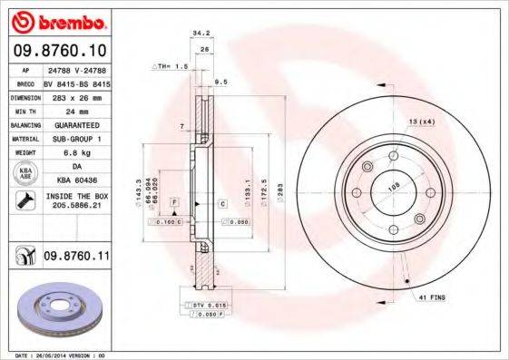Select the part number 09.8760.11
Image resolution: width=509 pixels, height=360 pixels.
tap(77, 258)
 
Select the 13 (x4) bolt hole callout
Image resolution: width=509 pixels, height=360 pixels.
tap(421, 122)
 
